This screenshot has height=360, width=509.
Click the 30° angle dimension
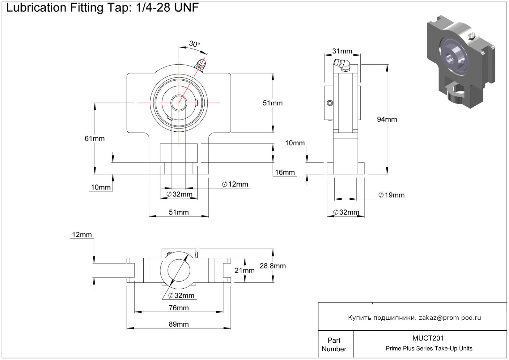[x=194, y=44]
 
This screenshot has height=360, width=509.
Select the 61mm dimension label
[x=95, y=139]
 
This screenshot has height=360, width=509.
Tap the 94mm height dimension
[x=387, y=119]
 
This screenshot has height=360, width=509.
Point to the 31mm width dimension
[x=342, y=51]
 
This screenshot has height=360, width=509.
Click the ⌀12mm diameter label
[x=235, y=184]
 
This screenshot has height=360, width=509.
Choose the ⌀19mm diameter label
[x=391, y=195]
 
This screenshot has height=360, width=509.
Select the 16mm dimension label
[x=285, y=172]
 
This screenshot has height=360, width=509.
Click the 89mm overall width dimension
[x=179, y=324]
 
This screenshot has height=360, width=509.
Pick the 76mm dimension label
[x=179, y=308]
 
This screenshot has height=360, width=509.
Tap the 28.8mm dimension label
[x=273, y=266]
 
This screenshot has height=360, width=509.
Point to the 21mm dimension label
[x=244, y=270]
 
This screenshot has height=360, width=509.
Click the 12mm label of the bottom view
[x=82, y=235]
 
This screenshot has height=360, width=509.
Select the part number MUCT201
[x=428, y=338]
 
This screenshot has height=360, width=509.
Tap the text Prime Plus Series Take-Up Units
[x=429, y=349]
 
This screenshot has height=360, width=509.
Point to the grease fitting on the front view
[x=200, y=65]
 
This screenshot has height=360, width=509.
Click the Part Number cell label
[x=334, y=345]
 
